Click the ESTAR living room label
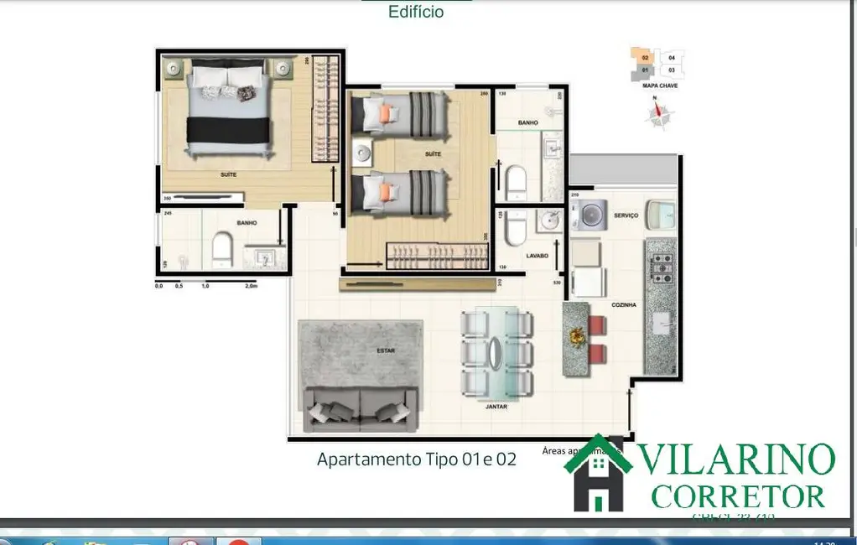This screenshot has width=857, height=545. (x=386, y=350)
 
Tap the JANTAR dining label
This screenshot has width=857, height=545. (x=497, y=406)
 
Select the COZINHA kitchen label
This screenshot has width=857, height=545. (x=623, y=305)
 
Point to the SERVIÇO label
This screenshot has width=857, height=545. (x=626, y=215)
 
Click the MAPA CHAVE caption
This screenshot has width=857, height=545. (x=660, y=86)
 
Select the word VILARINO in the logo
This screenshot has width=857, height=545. (x=738, y=459)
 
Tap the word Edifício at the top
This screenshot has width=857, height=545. (x=416, y=12)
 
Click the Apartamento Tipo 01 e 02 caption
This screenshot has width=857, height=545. (x=416, y=459)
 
